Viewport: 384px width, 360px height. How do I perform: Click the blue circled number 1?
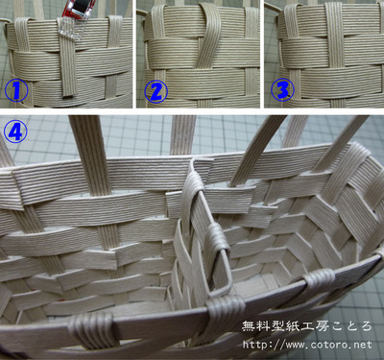click(16, 90)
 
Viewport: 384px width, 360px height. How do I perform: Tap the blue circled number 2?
click(156, 90)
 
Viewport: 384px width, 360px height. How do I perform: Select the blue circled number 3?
click(282, 90)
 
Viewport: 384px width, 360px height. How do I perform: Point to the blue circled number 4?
click(15, 132)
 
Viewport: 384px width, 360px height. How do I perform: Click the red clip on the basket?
click(79, 12)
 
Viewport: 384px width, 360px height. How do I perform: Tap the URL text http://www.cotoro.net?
click(307, 345)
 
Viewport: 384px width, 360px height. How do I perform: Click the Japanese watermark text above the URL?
click(307, 326)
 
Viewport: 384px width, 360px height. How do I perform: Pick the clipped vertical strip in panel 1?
click(67, 58)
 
